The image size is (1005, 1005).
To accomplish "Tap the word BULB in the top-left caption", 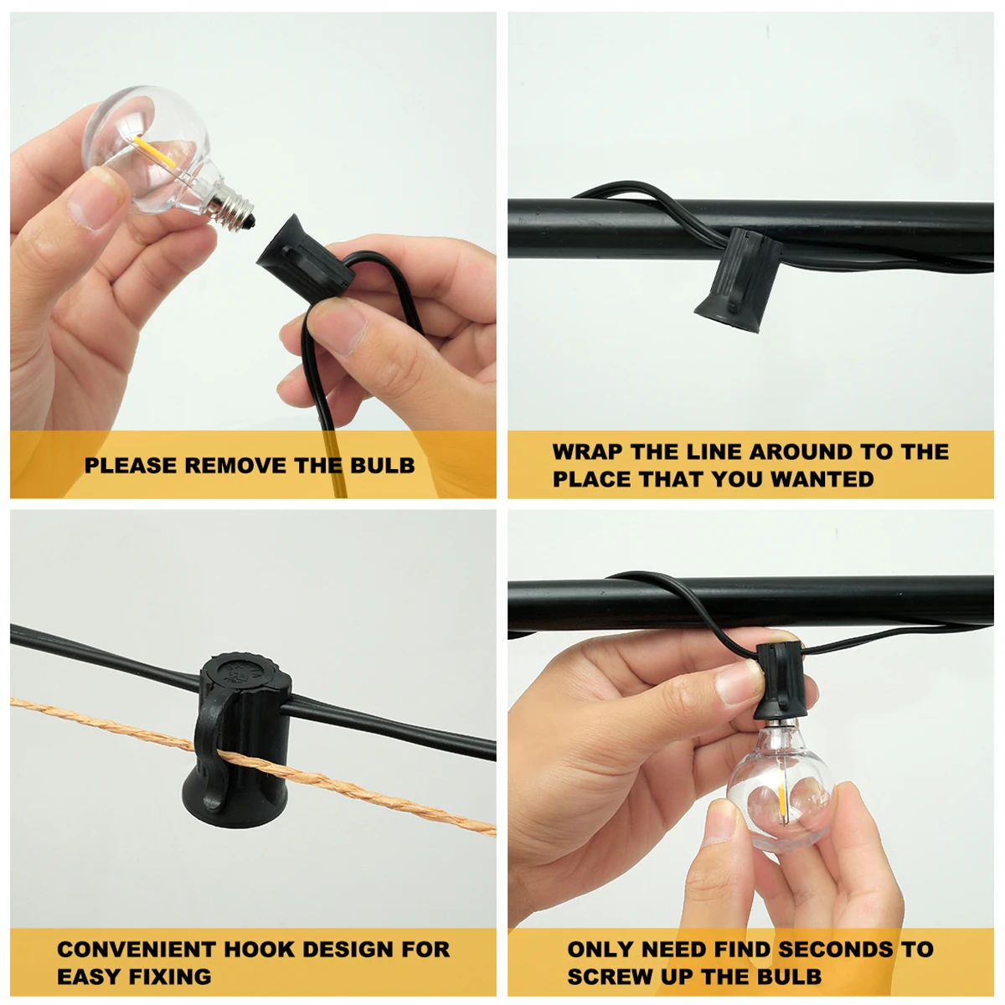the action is [382, 465].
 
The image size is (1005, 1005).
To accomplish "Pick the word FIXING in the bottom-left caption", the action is [171, 977].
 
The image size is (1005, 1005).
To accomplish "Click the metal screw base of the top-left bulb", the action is [232, 206].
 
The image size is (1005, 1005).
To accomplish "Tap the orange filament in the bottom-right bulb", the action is [782, 802].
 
